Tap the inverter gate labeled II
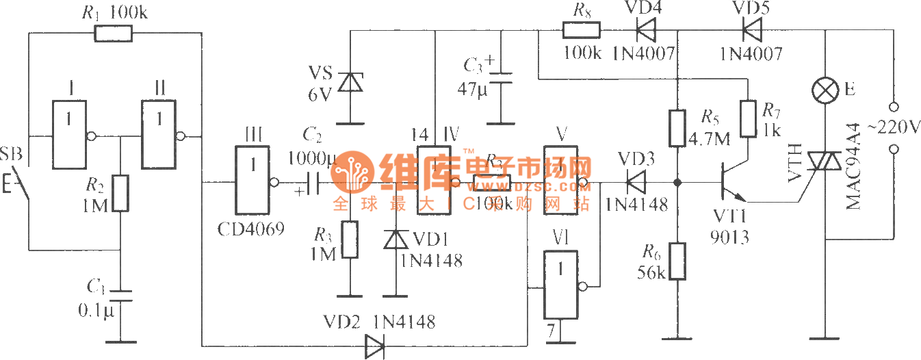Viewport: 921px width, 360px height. pos(159,136)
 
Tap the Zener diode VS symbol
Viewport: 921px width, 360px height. pos(351,83)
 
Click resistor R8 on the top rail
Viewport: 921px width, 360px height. pos(581,30)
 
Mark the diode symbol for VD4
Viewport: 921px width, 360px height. pos(644,30)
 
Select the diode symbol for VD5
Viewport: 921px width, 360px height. pos(752,30)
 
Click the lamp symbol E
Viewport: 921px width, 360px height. pos(825,90)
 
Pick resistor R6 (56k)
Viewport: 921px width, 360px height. pos(677,261)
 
